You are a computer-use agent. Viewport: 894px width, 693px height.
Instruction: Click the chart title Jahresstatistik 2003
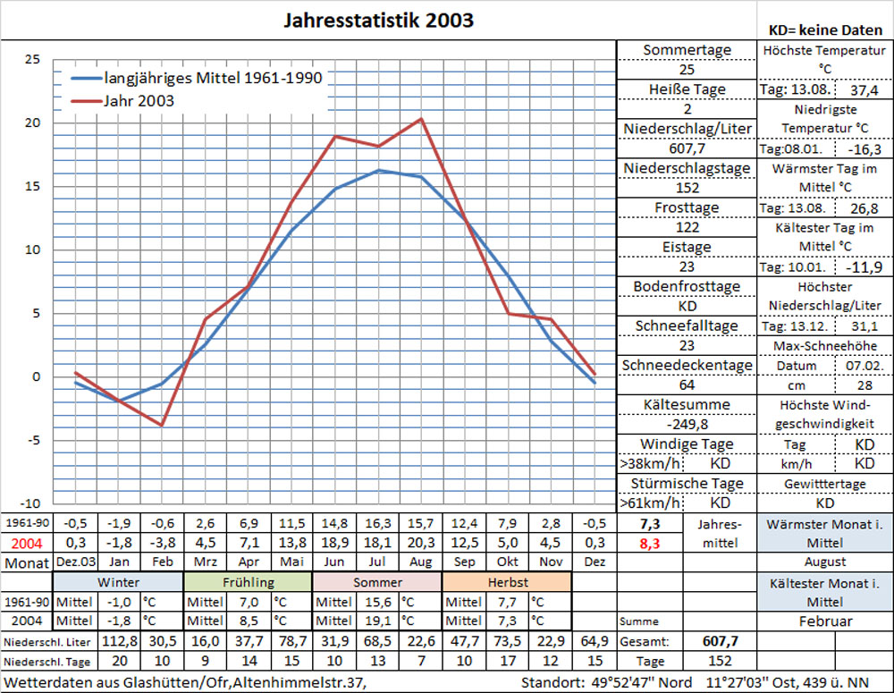coord(379,20)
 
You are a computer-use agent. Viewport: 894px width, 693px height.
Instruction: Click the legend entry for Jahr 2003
coord(139,101)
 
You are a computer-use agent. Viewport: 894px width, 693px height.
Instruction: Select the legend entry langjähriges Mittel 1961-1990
coord(213,78)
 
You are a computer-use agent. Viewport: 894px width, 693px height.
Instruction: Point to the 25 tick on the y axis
coord(32,60)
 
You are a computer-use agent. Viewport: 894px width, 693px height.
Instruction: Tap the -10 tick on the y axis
coord(30,503)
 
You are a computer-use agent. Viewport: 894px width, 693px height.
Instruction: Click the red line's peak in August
coord(420,119)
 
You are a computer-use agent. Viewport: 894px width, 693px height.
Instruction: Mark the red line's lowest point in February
coord(162,425)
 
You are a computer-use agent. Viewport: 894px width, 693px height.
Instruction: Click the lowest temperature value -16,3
coord(864,149)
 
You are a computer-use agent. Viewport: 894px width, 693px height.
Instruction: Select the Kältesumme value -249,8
coord(687,424)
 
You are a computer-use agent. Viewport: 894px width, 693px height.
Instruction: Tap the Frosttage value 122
coord(687,227)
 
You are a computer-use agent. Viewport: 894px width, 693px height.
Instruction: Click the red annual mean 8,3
coord(651,542)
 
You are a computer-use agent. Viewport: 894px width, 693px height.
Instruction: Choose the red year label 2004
coord(26,542)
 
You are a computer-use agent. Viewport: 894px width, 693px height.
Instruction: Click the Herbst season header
coord(507,582)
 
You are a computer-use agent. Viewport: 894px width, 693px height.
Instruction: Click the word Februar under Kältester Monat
coord(824,621)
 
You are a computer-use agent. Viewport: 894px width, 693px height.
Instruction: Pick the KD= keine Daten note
coord(825,30)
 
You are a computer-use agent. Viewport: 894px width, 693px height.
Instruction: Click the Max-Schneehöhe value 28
coord(864,385)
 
